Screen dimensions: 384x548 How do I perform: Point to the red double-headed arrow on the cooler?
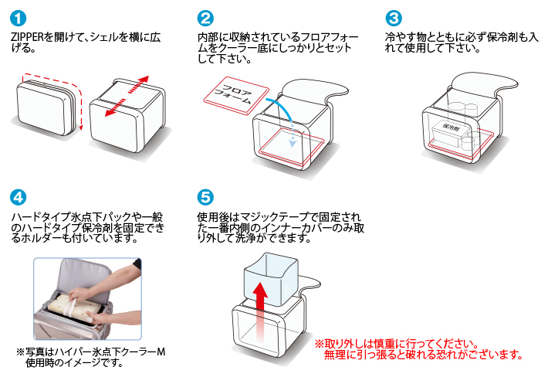tap(127, 97)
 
